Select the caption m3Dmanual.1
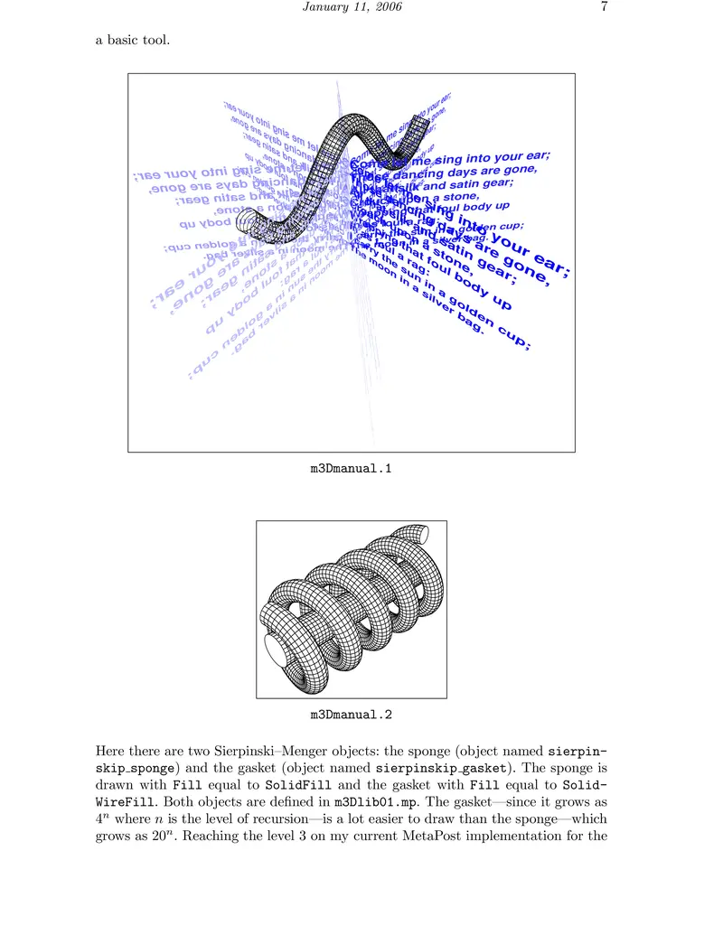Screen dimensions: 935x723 pyautogui.click(x=352, y=469)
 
